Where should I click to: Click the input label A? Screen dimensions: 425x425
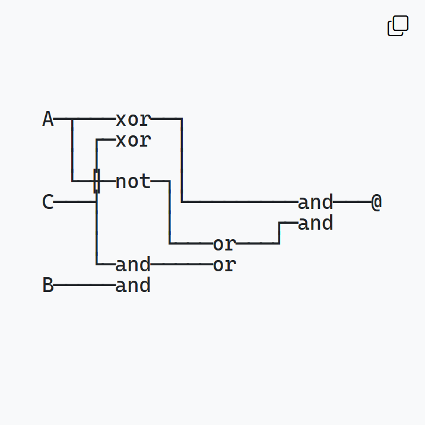48,119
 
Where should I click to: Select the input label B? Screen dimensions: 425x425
48,286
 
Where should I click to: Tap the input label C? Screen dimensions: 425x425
48,202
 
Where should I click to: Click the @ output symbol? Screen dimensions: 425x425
376,202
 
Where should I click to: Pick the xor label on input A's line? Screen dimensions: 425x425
133,119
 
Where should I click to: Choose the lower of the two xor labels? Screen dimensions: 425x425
133,141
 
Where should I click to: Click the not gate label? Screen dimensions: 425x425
133,182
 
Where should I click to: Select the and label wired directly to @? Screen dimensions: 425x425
315,202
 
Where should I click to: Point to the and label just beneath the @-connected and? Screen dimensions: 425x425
315,224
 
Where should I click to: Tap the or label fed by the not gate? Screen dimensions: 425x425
224,244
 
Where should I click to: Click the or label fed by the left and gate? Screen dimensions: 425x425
224,265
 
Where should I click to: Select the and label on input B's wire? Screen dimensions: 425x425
133,286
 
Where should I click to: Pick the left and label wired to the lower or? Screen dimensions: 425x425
133,264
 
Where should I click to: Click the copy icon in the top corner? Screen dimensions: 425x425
398,26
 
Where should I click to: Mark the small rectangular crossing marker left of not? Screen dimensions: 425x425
97,181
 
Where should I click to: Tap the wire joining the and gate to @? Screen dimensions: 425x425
351,202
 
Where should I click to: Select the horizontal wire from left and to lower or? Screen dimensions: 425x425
182,264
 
